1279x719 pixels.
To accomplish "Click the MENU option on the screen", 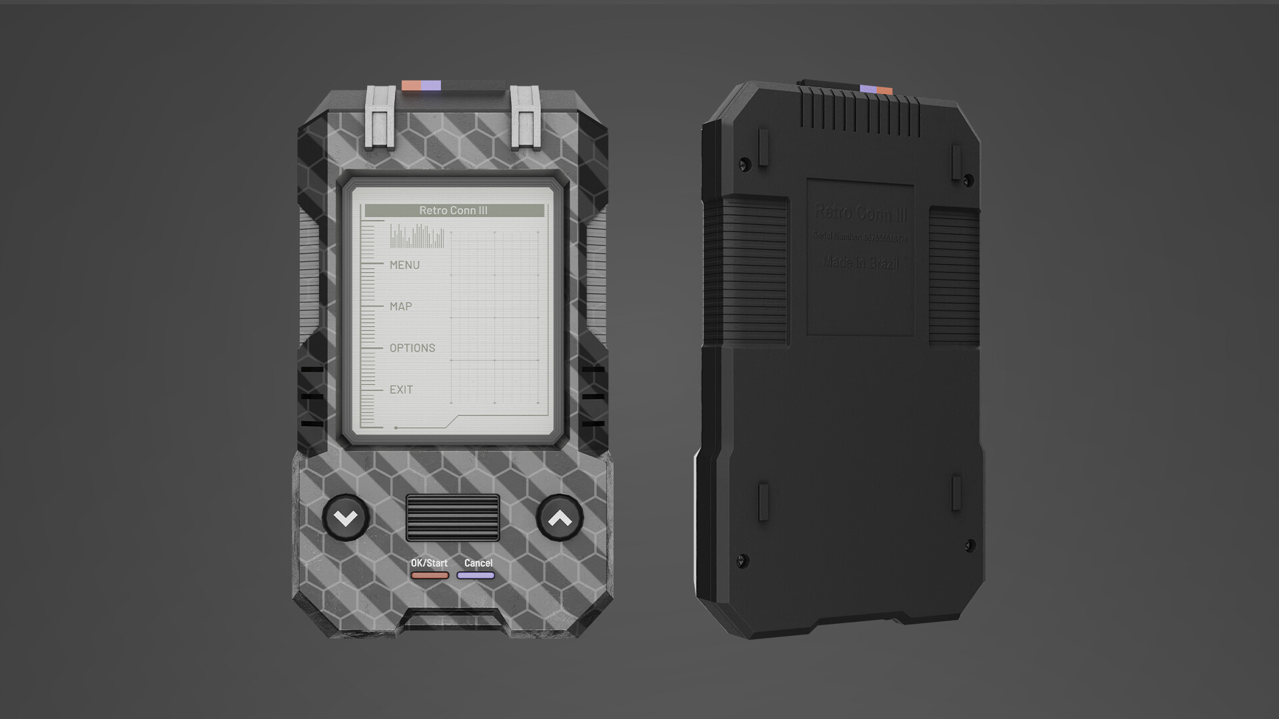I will (x=404, y=265).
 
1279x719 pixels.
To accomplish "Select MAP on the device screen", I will (x=400, y=306).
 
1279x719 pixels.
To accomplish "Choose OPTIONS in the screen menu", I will (x=412, y=348).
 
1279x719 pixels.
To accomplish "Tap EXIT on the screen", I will (x=401, y=389).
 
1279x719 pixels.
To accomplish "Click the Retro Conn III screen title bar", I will (x=454, y=210).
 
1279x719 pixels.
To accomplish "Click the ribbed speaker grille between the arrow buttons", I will (x=453, y=517).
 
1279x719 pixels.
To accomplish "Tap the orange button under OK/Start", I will (x=429, y=575).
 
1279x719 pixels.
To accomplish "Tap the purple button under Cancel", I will (x=476, y=575).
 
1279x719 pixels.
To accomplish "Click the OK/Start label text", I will (x=429, y=563).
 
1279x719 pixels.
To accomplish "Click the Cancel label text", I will (x=478, y=563).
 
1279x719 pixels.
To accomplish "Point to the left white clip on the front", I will (x=380, y=117).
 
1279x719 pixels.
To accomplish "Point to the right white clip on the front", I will (x=526, y=117).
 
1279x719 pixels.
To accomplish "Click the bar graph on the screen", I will (x=417, y=236).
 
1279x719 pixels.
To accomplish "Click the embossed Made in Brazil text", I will (x=861, y=263).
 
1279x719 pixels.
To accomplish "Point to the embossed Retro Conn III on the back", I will (x=861, y=213).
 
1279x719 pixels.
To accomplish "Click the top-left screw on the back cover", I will (x=745, y=162).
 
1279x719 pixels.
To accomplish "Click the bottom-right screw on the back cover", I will (x=970, y=545).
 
